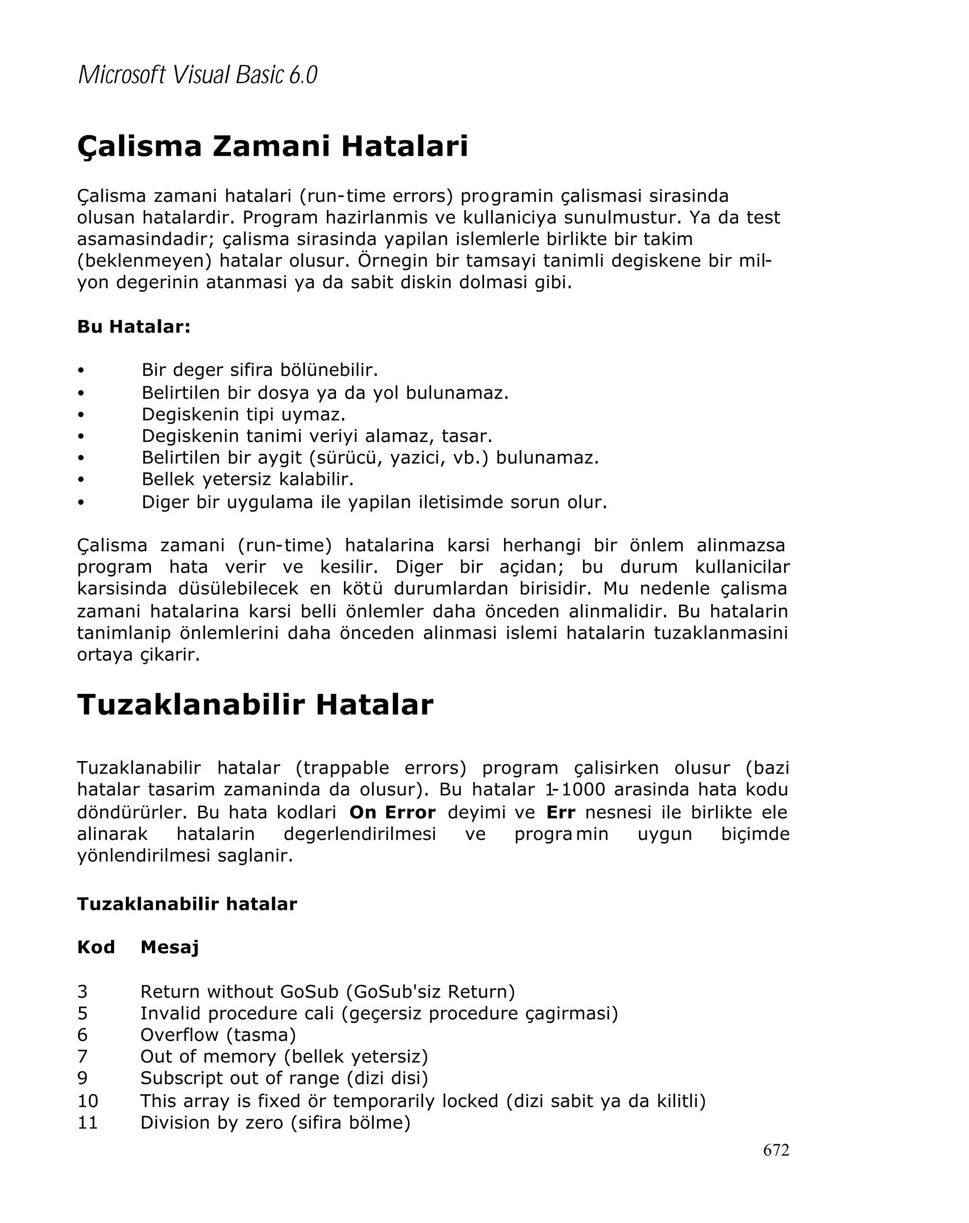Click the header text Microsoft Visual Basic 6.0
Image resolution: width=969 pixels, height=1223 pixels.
tap(197, 75)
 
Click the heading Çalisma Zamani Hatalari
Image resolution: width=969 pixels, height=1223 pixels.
tap(272, 146)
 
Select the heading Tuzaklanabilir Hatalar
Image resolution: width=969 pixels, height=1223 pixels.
tap(255, 705)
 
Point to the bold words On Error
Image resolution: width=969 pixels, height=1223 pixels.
tap(392, 812)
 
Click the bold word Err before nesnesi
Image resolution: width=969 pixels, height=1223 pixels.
tap(560, 812)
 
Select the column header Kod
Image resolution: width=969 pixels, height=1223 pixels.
tap(96, 947)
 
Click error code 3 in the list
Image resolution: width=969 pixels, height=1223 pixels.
tap(83, 992)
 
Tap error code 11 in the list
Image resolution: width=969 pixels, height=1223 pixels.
tap(88, 1123)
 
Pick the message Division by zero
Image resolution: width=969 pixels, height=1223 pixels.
tap(211, 1123)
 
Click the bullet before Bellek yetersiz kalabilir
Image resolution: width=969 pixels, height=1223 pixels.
tap(81, 480)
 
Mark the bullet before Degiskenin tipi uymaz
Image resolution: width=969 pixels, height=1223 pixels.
tap(81, 415)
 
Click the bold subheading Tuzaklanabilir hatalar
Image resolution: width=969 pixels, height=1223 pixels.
tap(186, 904)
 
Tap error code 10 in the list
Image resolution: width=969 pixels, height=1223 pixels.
tap(88, 1101)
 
